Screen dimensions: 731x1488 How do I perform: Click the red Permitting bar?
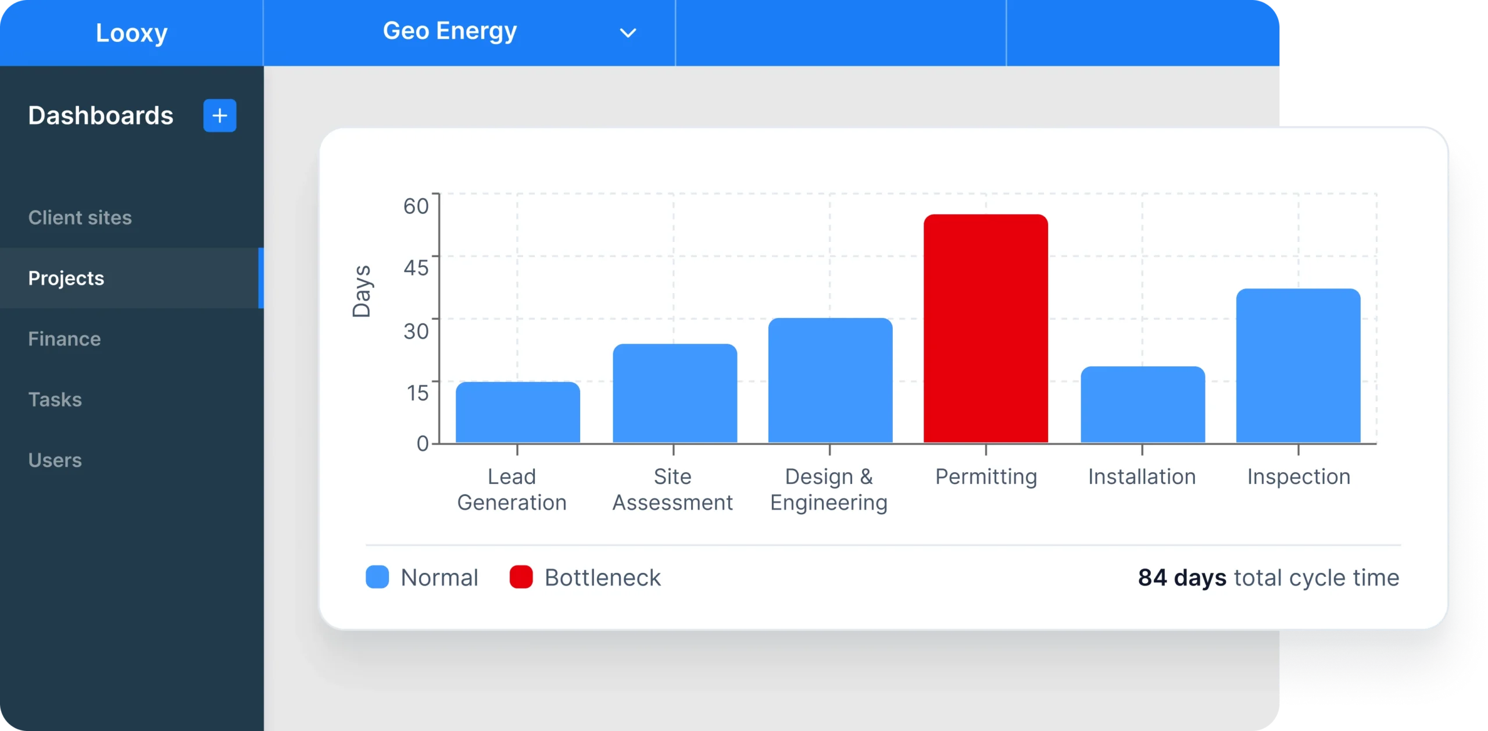click(x=986, y=329)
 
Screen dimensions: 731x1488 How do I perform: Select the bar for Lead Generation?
click(x=517, y=412)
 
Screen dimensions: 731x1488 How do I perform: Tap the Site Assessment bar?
click(x=674, y=394)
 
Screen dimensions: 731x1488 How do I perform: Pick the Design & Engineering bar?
click(x=830, y=380)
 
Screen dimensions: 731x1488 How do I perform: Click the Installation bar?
click(x=1142, y=405)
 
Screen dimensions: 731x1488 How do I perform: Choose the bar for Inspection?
click(x=1298, y=366)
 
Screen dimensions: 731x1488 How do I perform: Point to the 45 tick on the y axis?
click(x=416, y=268)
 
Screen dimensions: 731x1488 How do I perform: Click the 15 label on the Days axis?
click(x=417, y=393)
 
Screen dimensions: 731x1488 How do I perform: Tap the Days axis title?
click(x=362, y=291)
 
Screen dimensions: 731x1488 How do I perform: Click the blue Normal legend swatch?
click(x=377, y=577)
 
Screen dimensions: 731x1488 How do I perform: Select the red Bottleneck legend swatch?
click(x=521, y=577)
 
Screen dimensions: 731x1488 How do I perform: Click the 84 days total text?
click(x=1181, y=577)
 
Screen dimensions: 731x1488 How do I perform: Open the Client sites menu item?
click(x=80, y=217)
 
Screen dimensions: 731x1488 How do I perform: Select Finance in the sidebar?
click(x=65, y=339)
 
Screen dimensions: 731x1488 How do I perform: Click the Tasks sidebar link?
click(x=55, y=400)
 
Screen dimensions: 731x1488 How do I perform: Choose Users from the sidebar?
click(x=55, y=460)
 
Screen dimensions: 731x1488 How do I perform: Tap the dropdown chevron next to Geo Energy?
click(x=628, y=33)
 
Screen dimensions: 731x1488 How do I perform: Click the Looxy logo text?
click(x=131, y=33)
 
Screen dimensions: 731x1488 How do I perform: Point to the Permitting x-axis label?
click(x=986, y=477)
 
